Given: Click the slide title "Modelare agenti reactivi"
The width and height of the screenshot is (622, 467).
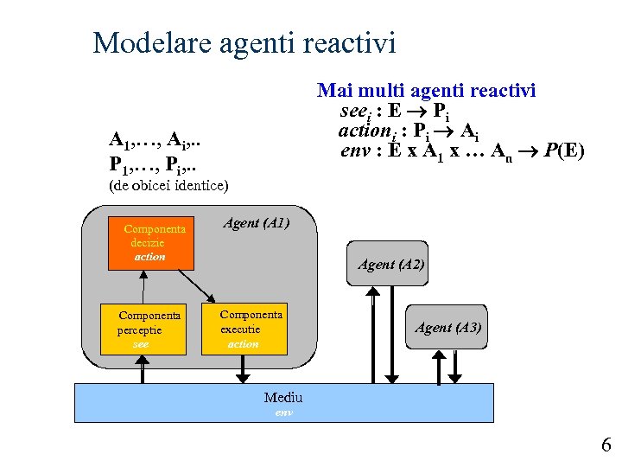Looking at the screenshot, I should [x=244, y=42].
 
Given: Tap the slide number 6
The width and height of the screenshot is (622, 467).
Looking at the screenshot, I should [x=606, y=445].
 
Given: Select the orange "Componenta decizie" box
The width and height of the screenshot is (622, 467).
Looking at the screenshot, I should [x=149, y=243].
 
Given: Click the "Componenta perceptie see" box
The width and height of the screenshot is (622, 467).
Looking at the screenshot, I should [x=143, y=329].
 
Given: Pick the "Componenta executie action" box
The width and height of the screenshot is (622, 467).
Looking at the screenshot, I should [x=245, y=329].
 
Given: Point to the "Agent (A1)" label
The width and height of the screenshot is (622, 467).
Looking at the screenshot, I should [x=256, y=223].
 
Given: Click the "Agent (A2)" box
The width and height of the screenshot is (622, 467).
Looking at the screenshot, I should [x=390, y=265].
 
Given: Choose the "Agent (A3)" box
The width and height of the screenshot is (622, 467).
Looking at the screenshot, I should [x=447, y=327].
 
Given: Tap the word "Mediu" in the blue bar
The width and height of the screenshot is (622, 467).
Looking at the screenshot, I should [x=283, y=398].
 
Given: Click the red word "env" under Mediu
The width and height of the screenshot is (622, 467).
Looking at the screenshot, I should [x=283, y=413].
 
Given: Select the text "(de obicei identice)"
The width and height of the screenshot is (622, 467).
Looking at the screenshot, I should [x=168, y=185].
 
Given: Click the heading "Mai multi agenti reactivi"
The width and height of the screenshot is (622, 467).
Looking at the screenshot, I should [x=427, y=90].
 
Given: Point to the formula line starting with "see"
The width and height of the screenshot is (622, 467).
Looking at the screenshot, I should [x=393, y=112].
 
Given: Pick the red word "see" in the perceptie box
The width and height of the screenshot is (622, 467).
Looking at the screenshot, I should [x=141, y=343].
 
